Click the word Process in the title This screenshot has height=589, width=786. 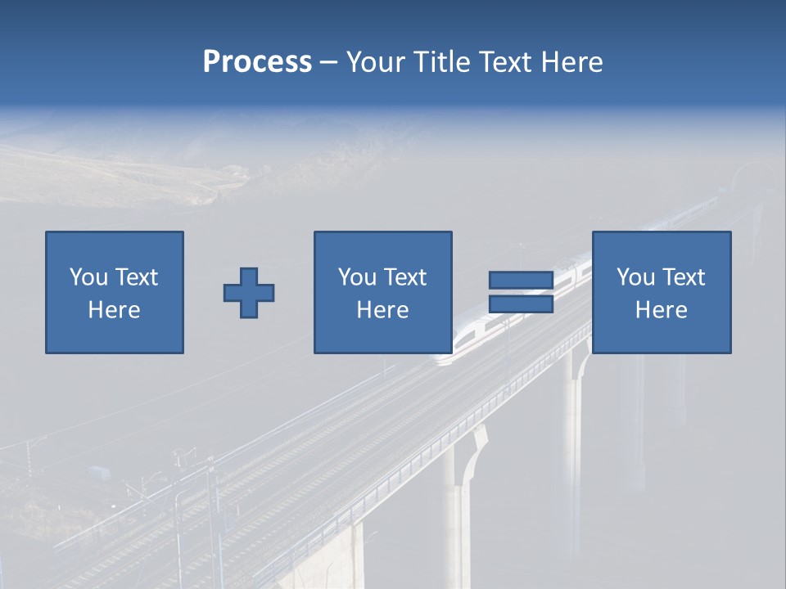(257, 62)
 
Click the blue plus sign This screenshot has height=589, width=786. (249, 293)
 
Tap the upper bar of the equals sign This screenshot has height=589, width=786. (521, 281)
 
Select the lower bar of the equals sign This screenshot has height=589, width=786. (521, 304)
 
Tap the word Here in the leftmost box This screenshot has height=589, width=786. (114, 310)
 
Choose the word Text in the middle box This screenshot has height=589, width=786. (404, 277)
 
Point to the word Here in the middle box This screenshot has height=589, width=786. (382, 310)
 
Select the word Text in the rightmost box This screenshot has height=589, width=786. (683, 277)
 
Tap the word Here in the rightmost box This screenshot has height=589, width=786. (661, 310)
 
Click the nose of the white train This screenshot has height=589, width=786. (443, 356)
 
